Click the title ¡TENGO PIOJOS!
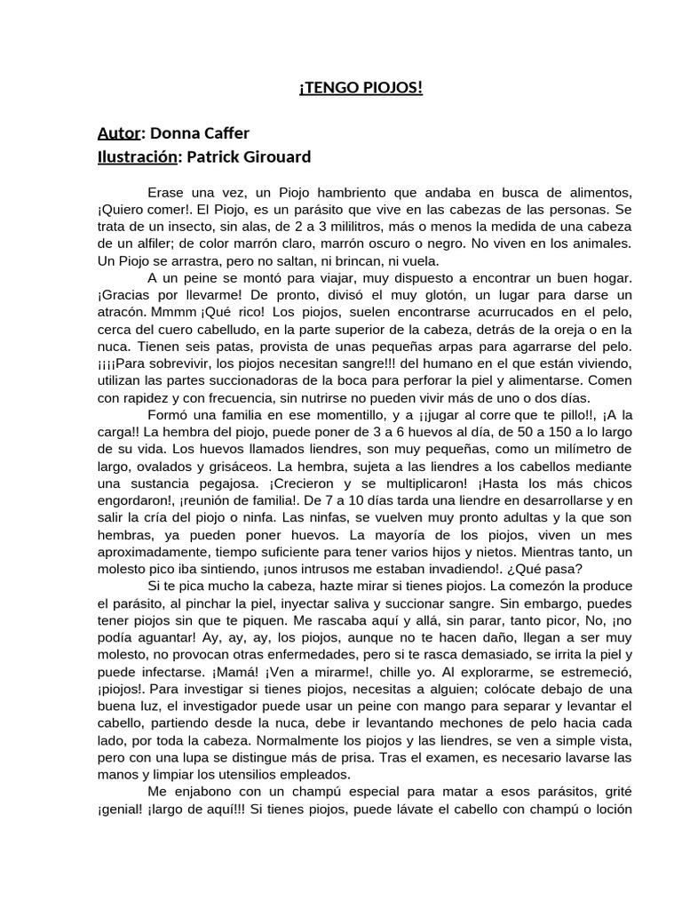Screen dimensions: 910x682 point(361,88)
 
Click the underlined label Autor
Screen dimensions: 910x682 point(118,133)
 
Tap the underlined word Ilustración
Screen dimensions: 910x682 point(138,156)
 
